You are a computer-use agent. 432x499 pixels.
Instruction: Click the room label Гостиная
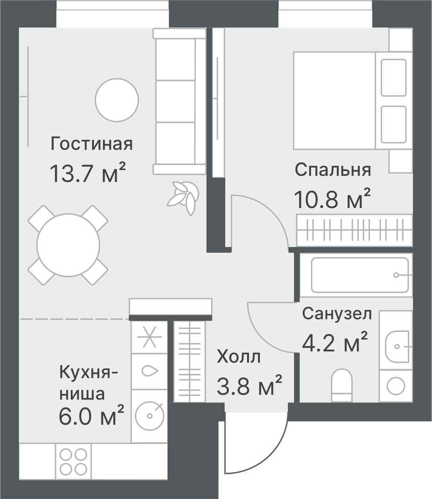click(x=92, y=144)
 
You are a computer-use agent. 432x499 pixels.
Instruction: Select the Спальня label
click(x=333, y=170)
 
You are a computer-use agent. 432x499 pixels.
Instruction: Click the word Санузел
click(x=337, y=314)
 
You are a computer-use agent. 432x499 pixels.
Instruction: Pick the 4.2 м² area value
click(x=334, y=342)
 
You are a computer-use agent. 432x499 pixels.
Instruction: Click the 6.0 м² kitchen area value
click(x=91, y=416)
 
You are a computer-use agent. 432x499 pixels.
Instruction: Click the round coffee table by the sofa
click(x=117, y=100)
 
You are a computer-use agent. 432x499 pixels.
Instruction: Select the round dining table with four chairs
click(x=68, y=245)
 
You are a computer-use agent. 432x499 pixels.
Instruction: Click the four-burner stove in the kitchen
click(x=73, y=461)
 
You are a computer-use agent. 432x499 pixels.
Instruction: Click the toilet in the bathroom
click(x=342, y=385)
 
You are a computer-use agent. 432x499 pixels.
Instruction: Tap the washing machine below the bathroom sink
click(x=395, y=385)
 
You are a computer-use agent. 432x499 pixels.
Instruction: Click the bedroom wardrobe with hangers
click(x=354, y=230)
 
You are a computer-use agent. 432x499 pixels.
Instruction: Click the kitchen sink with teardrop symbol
click(x=149, y=371)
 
